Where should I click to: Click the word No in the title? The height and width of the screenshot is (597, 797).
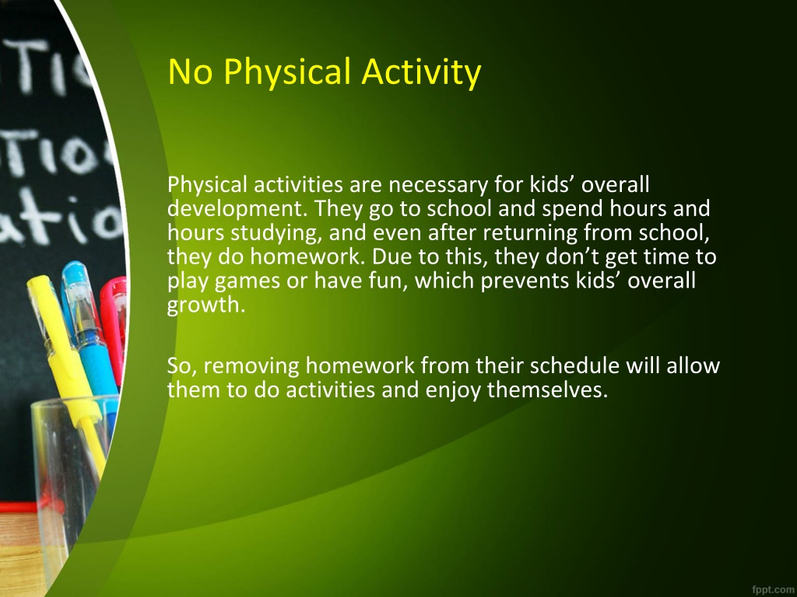[190, 72]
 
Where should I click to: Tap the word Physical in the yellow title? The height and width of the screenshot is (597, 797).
[287, 72]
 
